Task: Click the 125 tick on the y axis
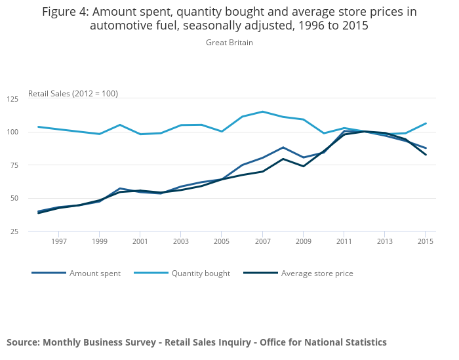(x=12, y=99)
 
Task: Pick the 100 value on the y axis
(x=12, y=132)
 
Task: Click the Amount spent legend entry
(x=94, y=273)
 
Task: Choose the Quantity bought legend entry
(x=201, y=273)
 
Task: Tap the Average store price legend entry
(x=317, y=273)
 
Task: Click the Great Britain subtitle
(x=229, y=43)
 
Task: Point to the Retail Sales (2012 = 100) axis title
(x=73, y=94)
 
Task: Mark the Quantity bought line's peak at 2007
(x=262, y=111)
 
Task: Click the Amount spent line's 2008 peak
(x=283, y=148)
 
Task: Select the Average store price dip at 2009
(x=303, y=166)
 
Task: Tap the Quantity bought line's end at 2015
(x=426, y=123)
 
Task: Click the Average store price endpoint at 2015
(x=426, y=155)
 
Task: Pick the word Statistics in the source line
(x=361, y=342)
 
